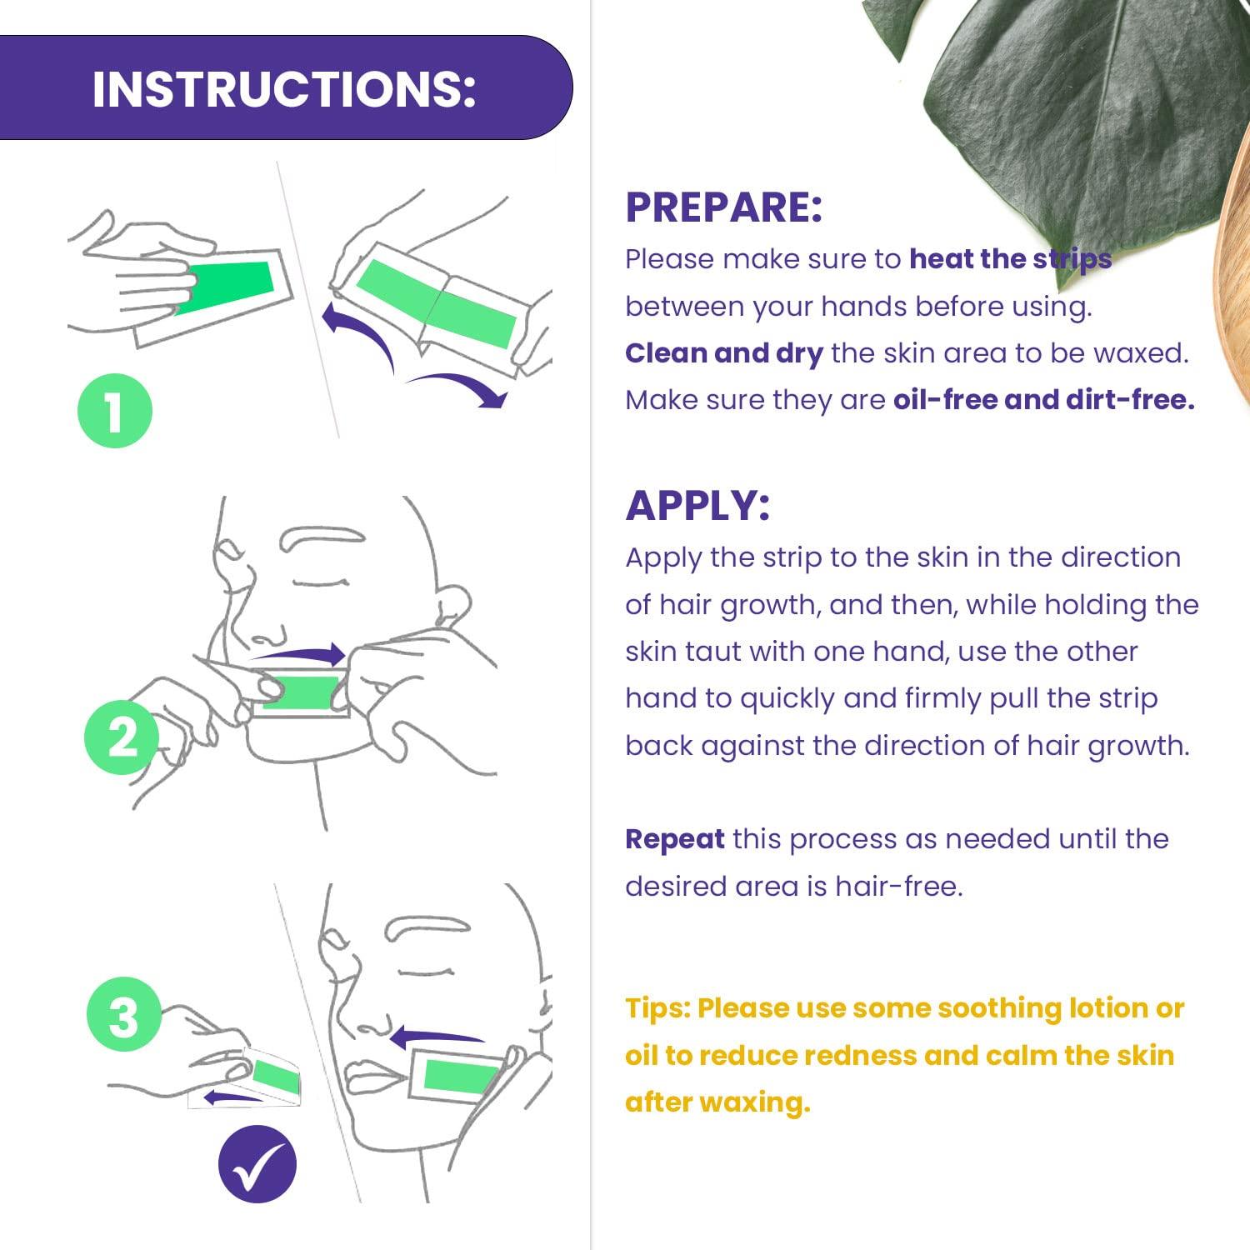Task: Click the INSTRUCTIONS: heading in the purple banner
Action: point(283,88)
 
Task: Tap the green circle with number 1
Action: point(115,411)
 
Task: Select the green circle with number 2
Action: point(122,737)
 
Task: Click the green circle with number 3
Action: point(124,1015)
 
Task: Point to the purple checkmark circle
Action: point(257,1163)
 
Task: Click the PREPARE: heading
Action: point(723,207)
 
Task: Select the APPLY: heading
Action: point(697,505)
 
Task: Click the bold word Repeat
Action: point(674,838)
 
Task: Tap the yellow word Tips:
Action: point(657,1008)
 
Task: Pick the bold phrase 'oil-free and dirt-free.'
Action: point(1043,400)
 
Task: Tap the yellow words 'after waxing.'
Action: point(717,1102)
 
